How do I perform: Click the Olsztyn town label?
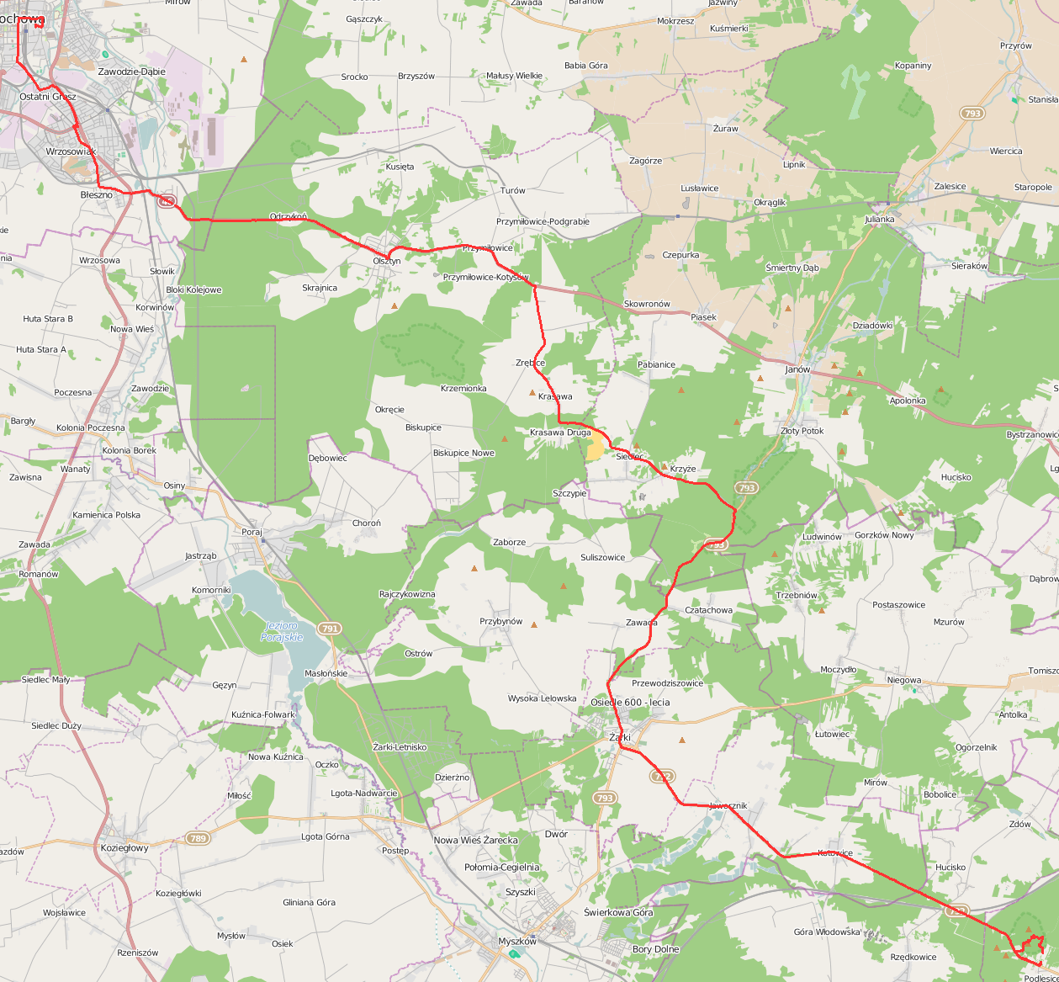(x=387, y=261)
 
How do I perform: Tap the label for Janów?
(x=797, y=369)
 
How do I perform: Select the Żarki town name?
(x=619, y=737)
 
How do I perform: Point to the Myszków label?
(x=517, y=941)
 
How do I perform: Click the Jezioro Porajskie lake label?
(x=282, y=631)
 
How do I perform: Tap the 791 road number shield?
(x=329, y=629)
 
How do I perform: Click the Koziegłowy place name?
(x=124, y=848)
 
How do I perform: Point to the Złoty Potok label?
(x=802, y=431)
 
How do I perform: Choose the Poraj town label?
(x=252, y=532)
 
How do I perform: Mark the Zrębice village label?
(x=530, y=363)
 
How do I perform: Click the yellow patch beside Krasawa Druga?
(x=595, y=448)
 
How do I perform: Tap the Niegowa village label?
(x=904, y=680)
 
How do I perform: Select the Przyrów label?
(x=1015, y=46)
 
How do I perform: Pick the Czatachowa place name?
(x=708, y=610)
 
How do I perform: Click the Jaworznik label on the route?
(x=728, y=805)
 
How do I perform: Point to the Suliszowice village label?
(x=602, y=557)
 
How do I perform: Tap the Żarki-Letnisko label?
(x=400, y=747)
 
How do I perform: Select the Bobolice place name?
(x=940, y=794)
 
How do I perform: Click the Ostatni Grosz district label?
(x=47, y=97)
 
